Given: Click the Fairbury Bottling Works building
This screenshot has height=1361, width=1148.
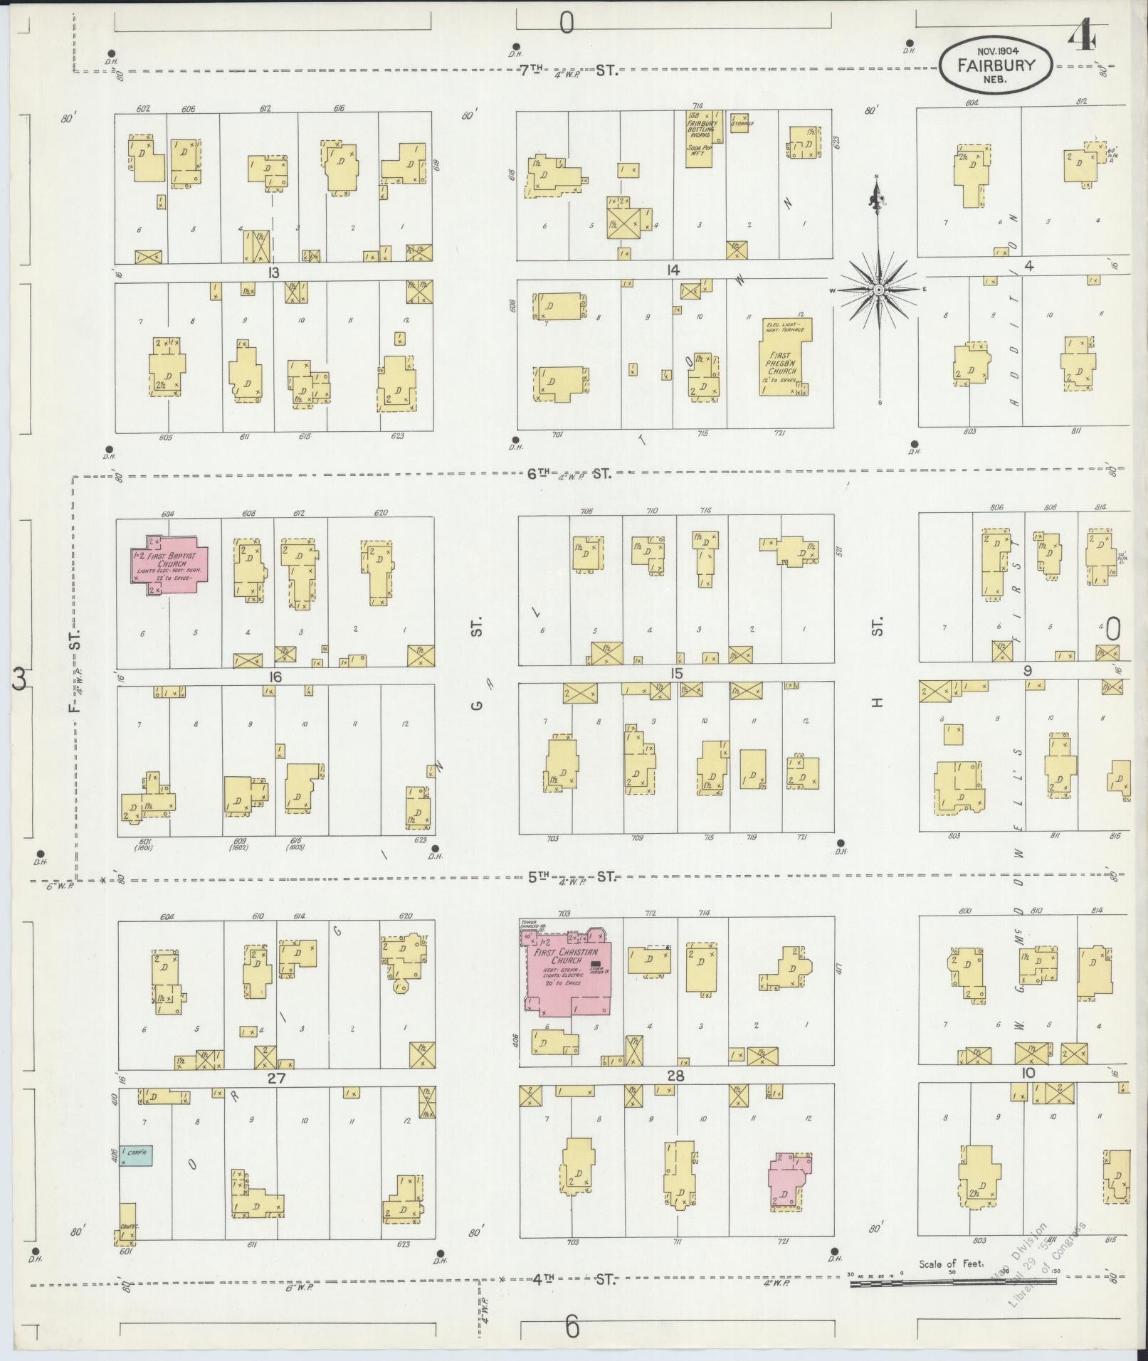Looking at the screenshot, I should [x=700, y=138].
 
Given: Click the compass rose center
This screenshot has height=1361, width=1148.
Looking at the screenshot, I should [x=879, y=290].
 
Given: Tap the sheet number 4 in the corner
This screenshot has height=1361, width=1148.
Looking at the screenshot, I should [x=1081, y=33].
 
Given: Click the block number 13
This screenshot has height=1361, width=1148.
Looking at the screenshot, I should [x=273, y=272].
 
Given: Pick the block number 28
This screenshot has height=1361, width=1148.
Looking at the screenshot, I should [x=675, y=1077].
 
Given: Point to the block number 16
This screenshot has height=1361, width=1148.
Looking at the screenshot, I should [x=275, y=677].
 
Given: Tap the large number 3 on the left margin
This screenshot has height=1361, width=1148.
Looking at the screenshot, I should [x=19, y=680].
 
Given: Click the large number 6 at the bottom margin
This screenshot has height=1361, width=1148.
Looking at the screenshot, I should [x=572, y=1328].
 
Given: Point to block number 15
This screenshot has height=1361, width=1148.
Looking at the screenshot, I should [x=675, y=673].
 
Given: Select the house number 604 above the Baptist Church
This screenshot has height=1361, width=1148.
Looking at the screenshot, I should [x=168, y=514].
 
